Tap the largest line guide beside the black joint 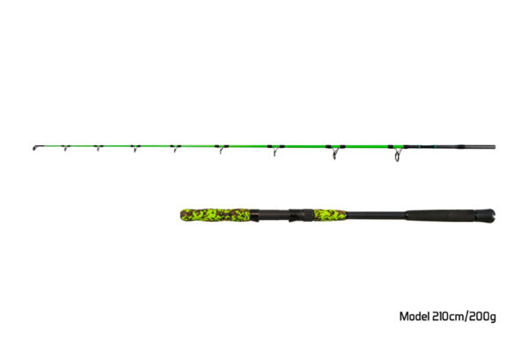398,154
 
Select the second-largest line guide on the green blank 334,152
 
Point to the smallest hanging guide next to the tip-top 66,148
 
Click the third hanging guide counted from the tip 136,148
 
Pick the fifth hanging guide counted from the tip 221,149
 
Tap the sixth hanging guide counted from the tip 275,150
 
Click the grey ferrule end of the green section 478,147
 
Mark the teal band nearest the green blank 419,147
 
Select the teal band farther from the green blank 435,147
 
